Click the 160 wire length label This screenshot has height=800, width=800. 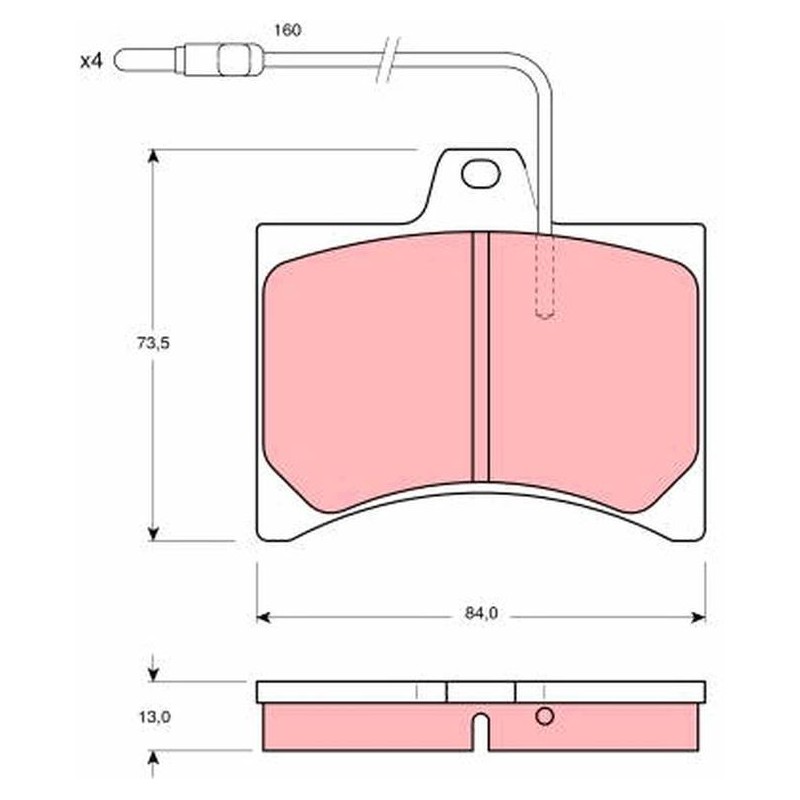click(288, 30)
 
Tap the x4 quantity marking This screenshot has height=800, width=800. click(91, 62)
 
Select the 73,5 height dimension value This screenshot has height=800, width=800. click(153, 343)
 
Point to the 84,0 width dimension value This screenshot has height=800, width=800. click(481, 613)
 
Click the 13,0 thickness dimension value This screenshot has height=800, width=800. click(155, 717)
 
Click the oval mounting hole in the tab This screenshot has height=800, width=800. click(481, 173)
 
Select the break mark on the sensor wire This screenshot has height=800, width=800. click(388, 60)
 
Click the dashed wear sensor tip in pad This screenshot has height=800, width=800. click(544, 277)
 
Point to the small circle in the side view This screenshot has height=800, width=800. click(544, 716)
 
